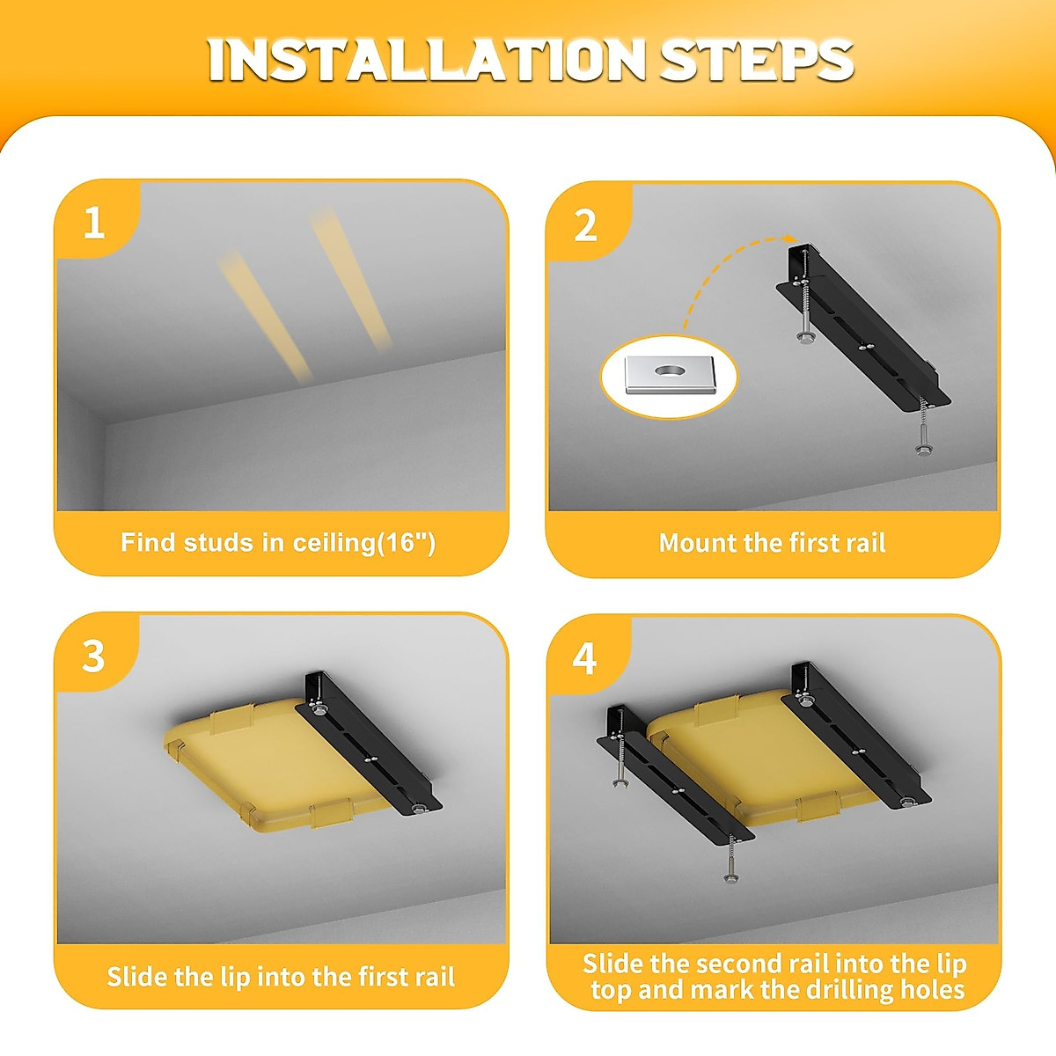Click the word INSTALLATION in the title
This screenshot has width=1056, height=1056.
(x=427, y=60)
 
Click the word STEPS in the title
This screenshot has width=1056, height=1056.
(x=756, y=60)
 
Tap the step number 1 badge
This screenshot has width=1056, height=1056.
(x=93, y=223)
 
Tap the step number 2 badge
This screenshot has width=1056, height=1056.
(x=585, y=225)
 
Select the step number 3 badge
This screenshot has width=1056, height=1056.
(x=93, y=656)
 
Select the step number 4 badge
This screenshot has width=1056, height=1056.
(x=584, y=659)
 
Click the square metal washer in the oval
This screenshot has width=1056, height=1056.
(x=671, y=375)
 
